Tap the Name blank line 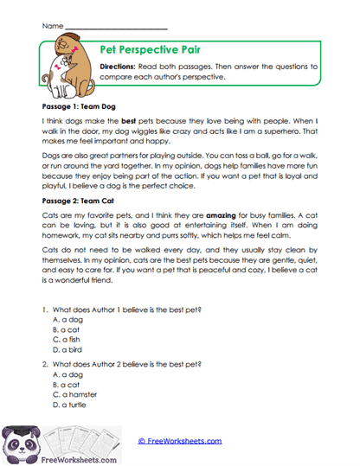[116, 28]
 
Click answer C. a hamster [76, 394]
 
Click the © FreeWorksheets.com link [180, 441]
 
